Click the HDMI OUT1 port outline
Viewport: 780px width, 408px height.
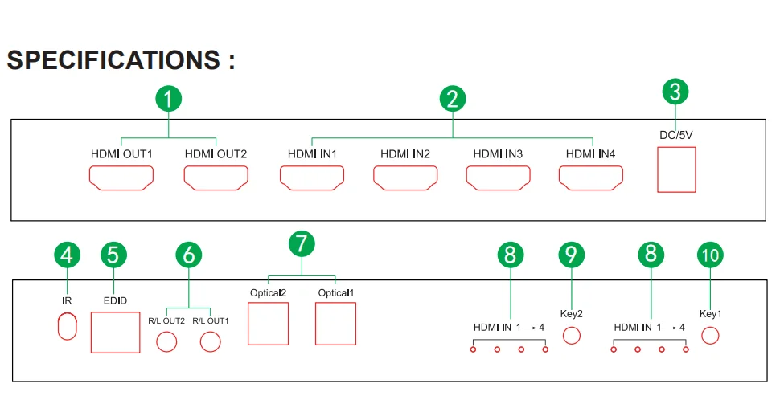coord(121,177)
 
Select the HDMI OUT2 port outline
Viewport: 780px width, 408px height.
coord(215,177)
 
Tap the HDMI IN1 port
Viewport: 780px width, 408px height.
coord(311,177)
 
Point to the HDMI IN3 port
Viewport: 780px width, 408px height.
coord(498,177)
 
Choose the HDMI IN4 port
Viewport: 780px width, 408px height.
coord(592,177)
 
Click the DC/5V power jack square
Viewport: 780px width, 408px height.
coord(676,172)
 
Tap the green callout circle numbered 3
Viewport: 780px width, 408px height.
coord(675,92)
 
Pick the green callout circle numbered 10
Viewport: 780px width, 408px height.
coord(710,255)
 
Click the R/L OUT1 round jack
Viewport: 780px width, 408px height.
coord(210,341)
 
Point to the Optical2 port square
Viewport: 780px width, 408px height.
coord(268,324)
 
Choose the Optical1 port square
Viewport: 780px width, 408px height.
coord(335,324)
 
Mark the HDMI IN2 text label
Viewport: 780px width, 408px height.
coord(405,153)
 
